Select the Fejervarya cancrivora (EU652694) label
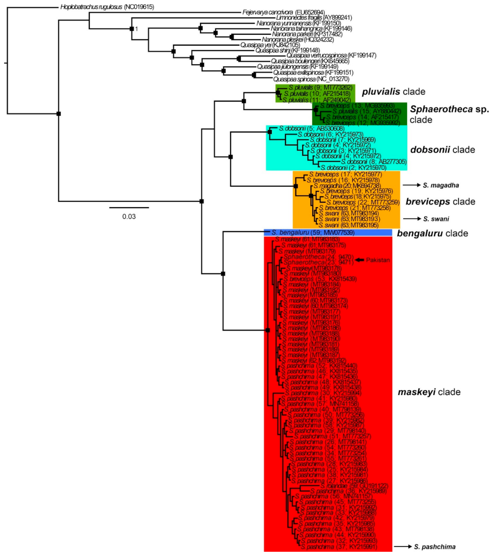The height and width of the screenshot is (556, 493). coord(283,13)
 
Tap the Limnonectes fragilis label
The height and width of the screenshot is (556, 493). coord(314,18)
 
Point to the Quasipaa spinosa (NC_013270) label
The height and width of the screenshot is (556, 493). coord(311,79)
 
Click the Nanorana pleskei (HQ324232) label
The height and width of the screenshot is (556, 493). coord(298,39)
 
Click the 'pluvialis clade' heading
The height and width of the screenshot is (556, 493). coord(393,92)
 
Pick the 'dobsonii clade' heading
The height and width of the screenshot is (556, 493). coord(442,150)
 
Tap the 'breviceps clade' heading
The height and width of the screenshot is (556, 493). coord(440,201)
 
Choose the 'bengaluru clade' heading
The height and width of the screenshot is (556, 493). coord(432,233)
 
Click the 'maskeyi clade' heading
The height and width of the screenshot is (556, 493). coord(429,392)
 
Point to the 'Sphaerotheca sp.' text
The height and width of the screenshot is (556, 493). coord(449,110)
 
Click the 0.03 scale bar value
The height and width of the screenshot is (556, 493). coord(129,216)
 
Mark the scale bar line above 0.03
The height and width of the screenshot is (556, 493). coord(129,208)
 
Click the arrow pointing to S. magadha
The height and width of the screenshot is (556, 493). coord(411,185)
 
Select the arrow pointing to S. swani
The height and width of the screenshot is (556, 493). coord(411,219)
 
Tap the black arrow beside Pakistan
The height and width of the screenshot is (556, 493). coord(360,260)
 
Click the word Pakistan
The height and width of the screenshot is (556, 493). coord(378,260)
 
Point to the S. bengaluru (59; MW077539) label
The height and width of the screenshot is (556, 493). coord(313,232)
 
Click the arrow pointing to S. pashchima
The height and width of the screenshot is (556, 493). coord(403,546)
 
